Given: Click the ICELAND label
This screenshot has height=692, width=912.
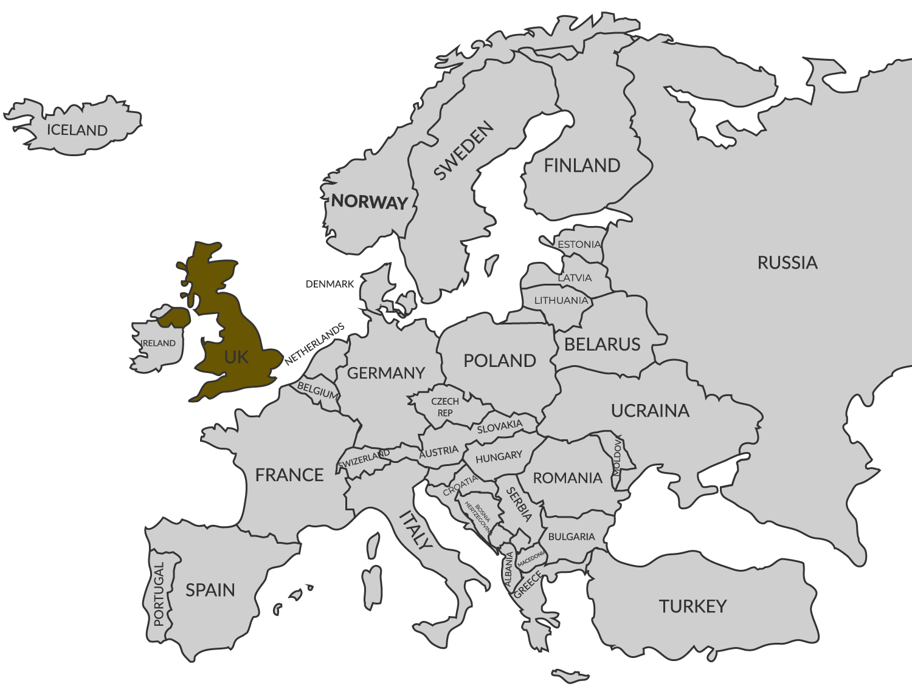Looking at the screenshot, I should (77, 130).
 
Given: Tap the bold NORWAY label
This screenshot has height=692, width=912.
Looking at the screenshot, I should (368, 202).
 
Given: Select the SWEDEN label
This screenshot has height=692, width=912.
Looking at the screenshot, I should (463, 151).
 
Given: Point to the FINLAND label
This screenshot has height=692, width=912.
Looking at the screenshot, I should (582, 165).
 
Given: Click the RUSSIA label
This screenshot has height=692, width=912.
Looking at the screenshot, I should (787, 262).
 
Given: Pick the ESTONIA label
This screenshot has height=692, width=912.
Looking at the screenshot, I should (579, 244).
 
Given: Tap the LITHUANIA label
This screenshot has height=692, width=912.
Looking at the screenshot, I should (561, 300).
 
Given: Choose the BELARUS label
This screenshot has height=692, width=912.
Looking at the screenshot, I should (602, 344).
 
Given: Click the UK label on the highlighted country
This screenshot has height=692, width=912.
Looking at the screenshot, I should (236, 357).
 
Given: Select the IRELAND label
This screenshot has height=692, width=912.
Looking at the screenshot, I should (159, 343).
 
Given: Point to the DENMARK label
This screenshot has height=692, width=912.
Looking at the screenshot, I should (330, 284).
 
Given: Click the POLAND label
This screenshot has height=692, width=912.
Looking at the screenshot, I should (500, 360).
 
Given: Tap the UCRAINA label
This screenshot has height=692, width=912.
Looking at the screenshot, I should (650, 411).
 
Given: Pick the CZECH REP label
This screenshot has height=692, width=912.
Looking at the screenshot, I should (445, 407).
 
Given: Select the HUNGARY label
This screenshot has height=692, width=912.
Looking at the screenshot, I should (499, 456).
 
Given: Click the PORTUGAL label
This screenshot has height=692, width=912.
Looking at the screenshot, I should (159, 594).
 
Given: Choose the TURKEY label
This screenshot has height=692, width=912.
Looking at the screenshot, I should (693, 606).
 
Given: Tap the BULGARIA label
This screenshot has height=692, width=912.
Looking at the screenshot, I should (572, 536).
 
